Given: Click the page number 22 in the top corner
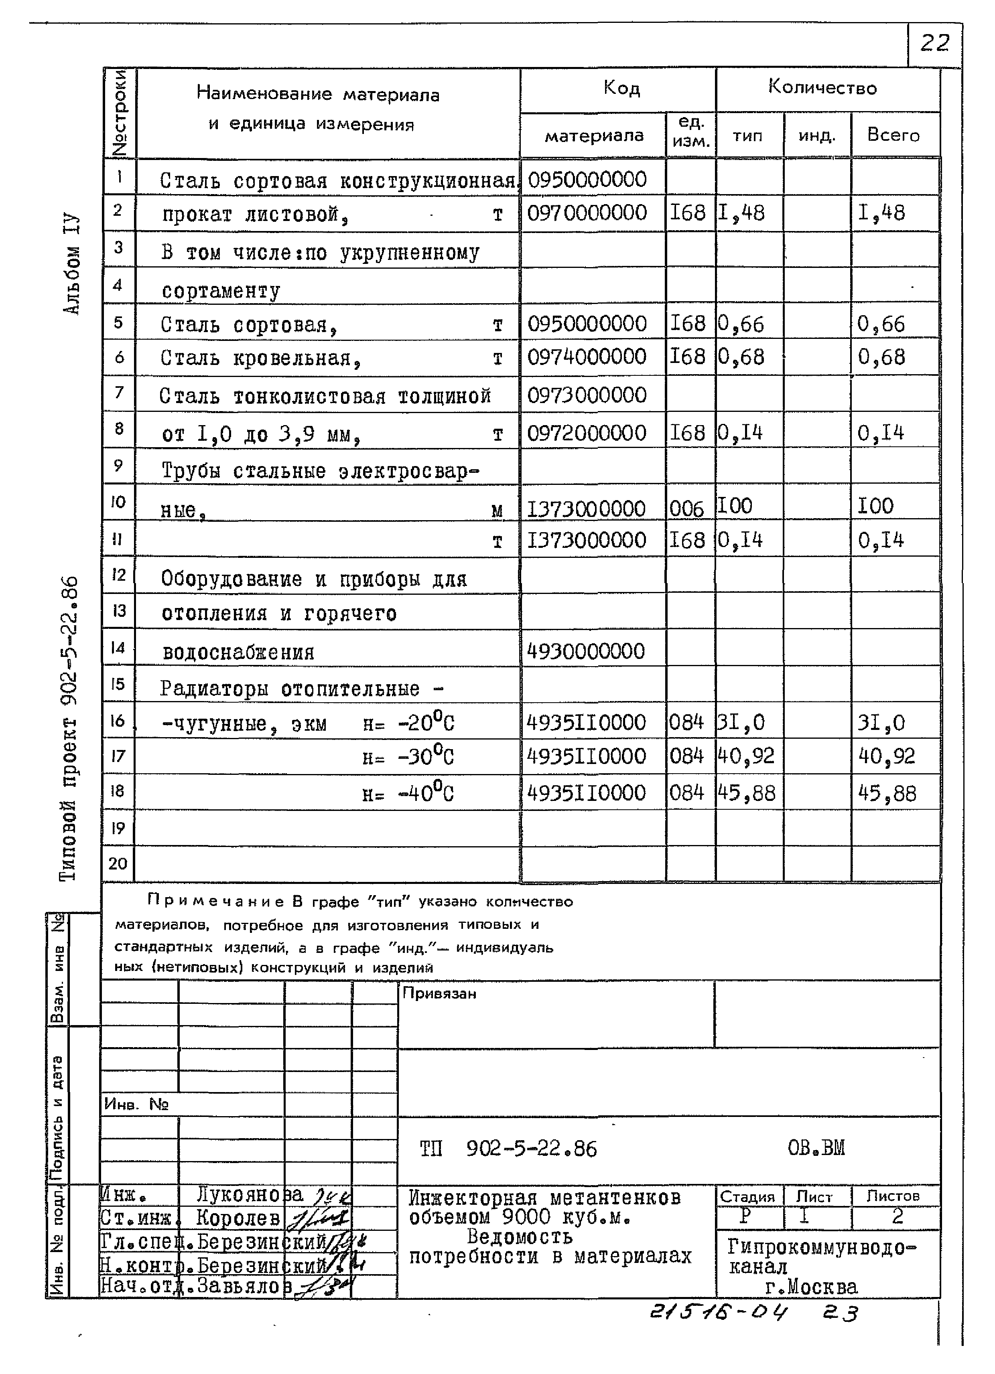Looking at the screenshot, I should [x=934, y=44].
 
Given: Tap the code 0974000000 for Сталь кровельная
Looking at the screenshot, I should [x=587, y=357].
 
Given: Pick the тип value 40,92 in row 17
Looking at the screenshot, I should [x=746, y=756].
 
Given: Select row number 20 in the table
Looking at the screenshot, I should [x=118, y=863].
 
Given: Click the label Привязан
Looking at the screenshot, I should [x=439, y=993].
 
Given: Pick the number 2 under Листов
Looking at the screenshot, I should [x=897, y=1216].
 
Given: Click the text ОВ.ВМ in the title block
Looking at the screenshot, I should [x=816, y=1147].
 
